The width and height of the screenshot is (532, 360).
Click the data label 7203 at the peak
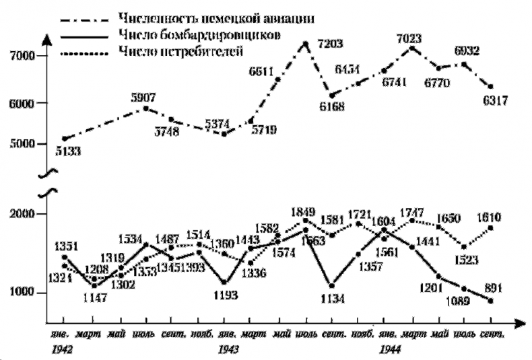[331, 44]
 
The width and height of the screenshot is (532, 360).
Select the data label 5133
[67, 151]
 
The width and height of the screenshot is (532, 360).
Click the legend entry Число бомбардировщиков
[180, 33]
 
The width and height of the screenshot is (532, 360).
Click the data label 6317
[494, 100]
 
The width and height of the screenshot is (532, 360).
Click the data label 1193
[226, 295]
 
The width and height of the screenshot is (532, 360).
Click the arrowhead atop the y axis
[46, 39]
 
